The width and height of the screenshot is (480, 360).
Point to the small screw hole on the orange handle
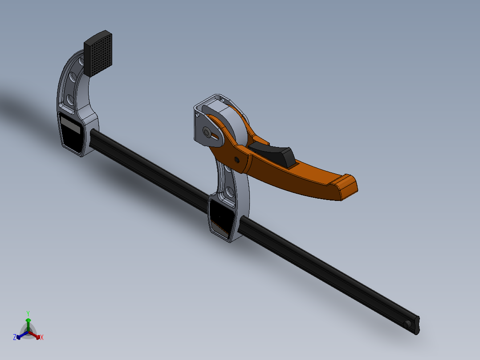236,160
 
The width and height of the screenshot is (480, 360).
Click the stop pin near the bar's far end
407,324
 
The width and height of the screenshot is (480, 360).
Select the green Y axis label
28,313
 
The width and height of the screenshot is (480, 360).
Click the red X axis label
42,338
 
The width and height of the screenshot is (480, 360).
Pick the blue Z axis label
15,338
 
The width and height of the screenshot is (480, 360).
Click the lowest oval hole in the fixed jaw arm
70,98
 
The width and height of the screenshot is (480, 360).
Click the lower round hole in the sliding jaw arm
230,192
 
